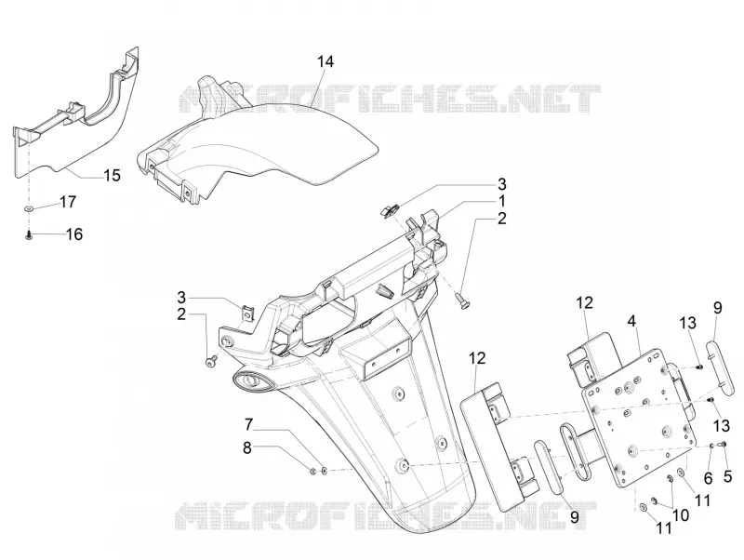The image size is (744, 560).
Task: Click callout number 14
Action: coord(325,61)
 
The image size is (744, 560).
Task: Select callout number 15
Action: coord(112,176)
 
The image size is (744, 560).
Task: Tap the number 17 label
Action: coord(68,202)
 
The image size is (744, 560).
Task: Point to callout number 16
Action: coord(74,234)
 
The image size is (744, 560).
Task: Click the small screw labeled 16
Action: coord(30,234)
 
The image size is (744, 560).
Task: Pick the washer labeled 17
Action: coord(30,208)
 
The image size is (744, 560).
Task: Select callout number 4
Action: coord(631,321)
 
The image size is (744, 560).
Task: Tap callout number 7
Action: coord(248,424)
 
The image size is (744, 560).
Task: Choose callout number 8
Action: coord(246,447)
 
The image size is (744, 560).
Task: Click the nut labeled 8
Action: coord(312,472)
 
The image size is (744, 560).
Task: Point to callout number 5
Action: coord(728,475)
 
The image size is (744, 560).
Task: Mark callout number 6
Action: coord(708,478)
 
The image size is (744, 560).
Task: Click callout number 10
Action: coord(681,515)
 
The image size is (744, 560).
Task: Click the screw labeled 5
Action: coord(723,445)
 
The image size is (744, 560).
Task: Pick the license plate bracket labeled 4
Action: coord(641,418)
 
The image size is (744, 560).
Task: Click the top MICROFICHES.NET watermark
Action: coord(389,99)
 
